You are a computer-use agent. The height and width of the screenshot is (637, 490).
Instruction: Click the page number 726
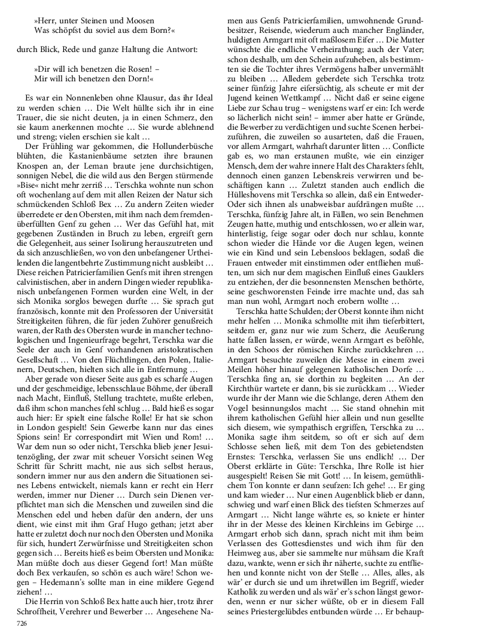[x=22, y=623]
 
